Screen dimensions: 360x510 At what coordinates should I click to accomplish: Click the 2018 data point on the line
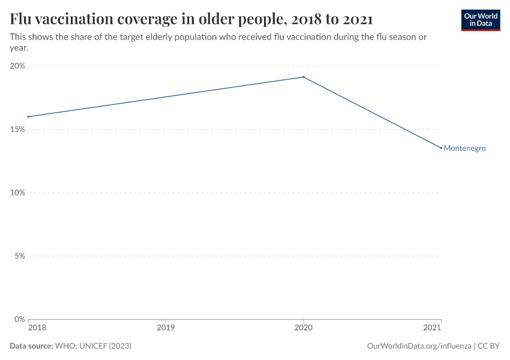pos(28,116)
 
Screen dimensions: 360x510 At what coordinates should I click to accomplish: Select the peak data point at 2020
pos(304,77)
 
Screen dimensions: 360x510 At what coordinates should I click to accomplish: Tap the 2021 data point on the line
pos(441,148)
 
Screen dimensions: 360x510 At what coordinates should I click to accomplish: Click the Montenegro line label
pos(464,148)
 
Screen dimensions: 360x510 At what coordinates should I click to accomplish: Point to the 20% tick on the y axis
pos(17,66)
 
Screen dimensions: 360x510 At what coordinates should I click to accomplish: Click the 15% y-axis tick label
pos(17,129)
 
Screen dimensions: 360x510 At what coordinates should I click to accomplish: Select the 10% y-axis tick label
pos(17,193)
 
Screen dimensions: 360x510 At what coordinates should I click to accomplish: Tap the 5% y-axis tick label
pos(19,256)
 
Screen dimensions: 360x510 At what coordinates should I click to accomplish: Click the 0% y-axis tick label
pos(19,319)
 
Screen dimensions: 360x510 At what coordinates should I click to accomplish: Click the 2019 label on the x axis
pos(166,328)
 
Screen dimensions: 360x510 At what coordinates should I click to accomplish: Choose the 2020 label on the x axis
pos(304,328)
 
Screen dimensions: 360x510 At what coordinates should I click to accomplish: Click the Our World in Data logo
pos(480,20)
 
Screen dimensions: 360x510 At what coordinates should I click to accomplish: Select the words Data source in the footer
pos(31,346)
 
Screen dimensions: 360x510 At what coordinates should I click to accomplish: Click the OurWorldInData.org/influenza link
pos(418,346)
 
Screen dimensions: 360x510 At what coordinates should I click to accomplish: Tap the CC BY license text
pos(488,346)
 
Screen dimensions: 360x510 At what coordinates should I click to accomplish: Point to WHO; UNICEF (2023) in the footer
pos(93,346)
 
